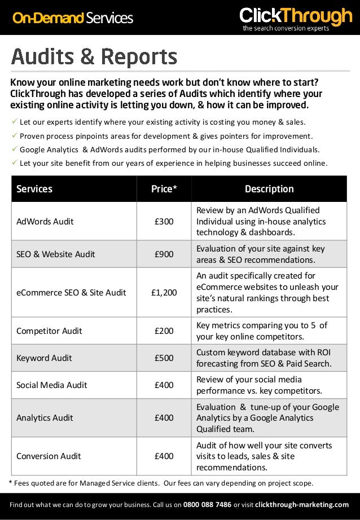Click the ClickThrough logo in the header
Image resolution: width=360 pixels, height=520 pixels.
[295, 16]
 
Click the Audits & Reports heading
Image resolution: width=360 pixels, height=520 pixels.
[94, 57]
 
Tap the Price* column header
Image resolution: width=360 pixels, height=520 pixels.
[164, 189]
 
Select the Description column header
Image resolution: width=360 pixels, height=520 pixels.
[269, 189]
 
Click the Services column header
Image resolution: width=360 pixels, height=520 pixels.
[34, 189]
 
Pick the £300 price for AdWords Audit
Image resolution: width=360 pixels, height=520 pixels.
[164, 222]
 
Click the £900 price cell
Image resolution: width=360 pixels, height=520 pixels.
[164, 254]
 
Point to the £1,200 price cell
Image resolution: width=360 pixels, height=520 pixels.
[164, 293]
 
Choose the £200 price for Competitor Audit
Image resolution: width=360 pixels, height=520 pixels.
[164, 331]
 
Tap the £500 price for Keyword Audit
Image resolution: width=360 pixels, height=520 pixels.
[164, 358]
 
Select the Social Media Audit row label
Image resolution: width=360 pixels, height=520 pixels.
[52, 385]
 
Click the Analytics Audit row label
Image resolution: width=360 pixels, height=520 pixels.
[45, 418]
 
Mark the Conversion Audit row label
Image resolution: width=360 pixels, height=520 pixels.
[49, 456]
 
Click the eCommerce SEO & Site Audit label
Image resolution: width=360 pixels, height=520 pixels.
[71, 293]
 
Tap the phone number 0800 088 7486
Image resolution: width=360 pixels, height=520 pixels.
[207, 504]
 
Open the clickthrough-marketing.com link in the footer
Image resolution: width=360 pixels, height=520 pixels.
[302, 504]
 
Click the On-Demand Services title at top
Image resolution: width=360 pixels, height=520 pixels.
[73, 18]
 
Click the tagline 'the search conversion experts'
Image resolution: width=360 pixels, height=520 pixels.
[286, 28]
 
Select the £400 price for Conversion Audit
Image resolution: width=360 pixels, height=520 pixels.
[164, 456]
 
